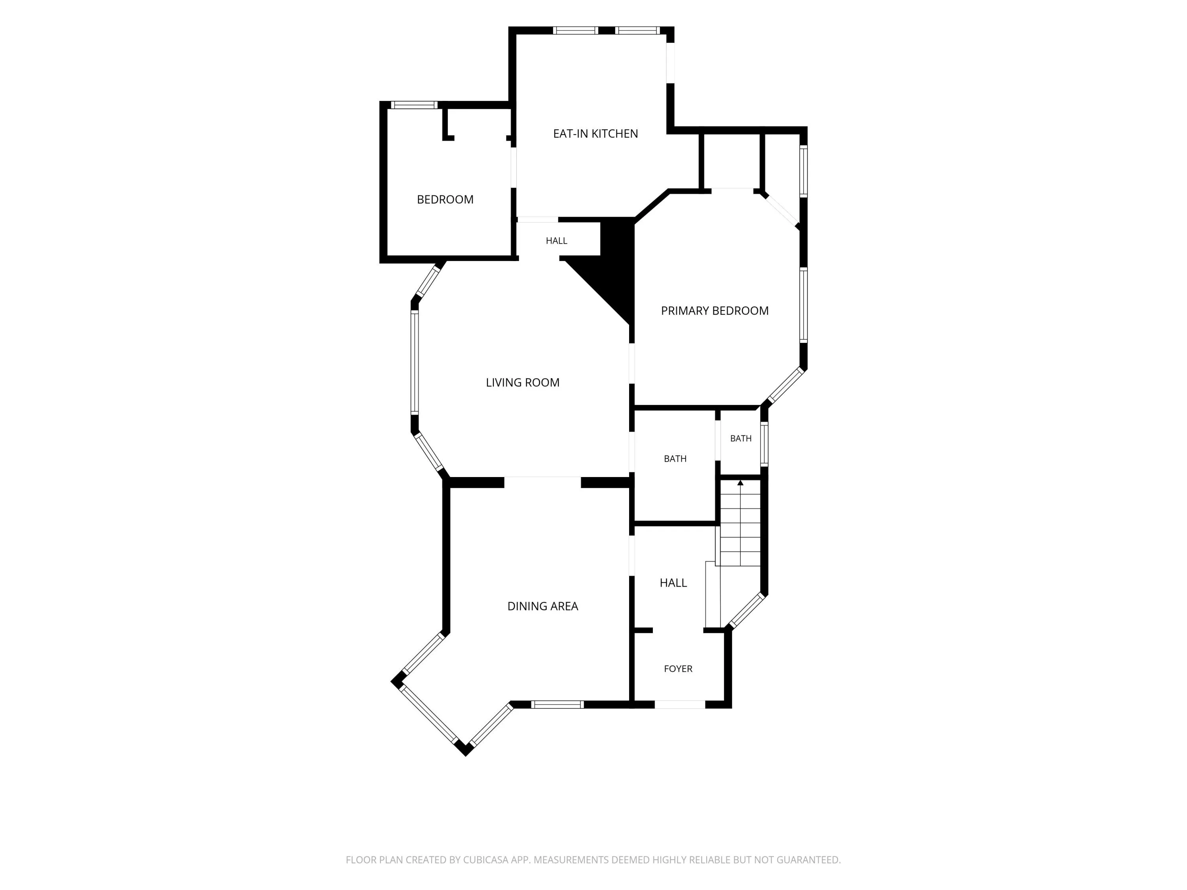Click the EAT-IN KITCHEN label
(595, 134)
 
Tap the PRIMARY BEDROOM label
(715, 311)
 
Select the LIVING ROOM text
(523, 383)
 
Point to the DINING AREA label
(542, 606)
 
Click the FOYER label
(678, 668)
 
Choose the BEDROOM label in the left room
(446, 200)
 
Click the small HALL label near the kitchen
(556, 241)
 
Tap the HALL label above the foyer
(673, 583)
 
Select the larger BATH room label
(675, 459)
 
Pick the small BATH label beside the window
(741, 438)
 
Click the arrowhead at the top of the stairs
(741, 483)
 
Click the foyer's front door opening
(680, 704)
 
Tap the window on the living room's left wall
(414, 363)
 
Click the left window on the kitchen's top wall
(575, 30)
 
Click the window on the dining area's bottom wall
(557, 704)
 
